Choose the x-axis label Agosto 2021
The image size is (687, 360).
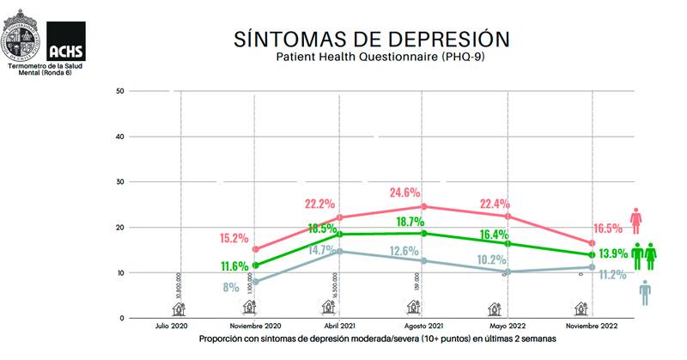(x=424, y=327)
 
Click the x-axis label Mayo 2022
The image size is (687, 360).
(x=508, y=327)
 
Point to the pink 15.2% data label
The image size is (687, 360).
(x=234, y=238)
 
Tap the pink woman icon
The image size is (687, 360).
(x=636, y=221)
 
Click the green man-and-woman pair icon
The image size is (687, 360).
(x=644, y=255)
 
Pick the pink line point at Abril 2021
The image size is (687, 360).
(x=340, y=217)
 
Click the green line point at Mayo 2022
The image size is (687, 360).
(x=508, y=243)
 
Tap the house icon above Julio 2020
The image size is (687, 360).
(x=179, y=307)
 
